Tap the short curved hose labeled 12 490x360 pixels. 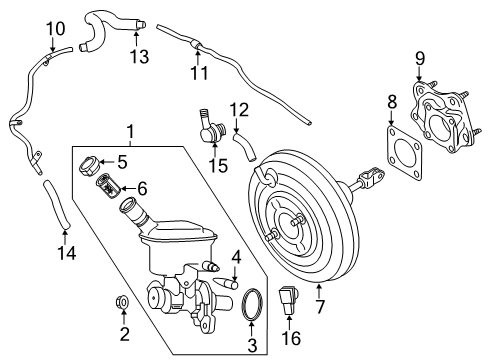pyautogui.click(x=245, y=144)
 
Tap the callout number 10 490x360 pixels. pyautogui.click(x=56, y=28)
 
